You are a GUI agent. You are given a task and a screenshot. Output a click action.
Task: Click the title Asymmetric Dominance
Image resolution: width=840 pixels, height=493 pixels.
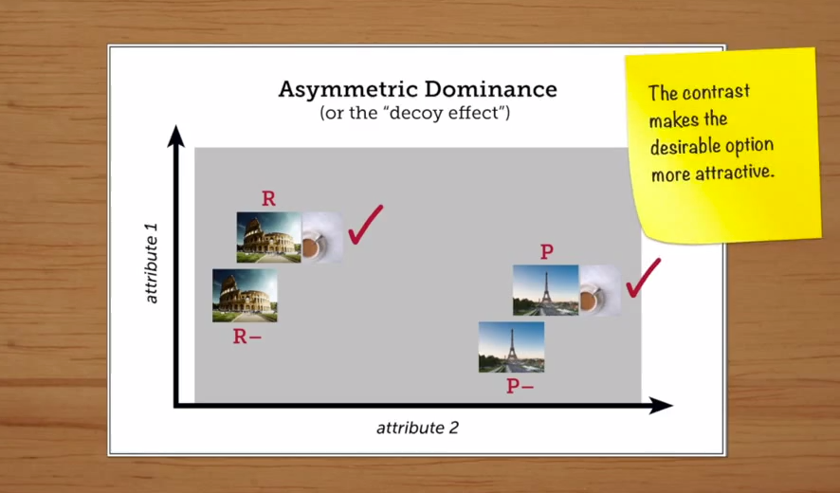[x=417, y=90]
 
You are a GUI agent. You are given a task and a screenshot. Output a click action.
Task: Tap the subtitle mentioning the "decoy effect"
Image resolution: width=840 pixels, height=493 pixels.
[x=414, y=114]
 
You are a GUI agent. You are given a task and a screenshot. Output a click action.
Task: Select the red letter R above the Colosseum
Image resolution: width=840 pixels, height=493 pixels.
[x=268, y=199]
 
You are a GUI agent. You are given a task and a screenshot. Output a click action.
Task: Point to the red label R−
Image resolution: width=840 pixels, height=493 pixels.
[x=247, y=337]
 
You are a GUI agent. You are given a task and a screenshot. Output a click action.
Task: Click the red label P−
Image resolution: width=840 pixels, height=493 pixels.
[x=520, y=387]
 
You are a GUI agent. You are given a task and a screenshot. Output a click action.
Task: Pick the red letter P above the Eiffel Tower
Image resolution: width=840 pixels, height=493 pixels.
[x=546, y=252]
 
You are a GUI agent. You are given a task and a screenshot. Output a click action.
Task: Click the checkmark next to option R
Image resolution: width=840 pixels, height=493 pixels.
[x=365, y=225]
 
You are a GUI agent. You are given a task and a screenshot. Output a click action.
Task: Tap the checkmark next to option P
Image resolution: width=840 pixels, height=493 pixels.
[x=643, y=278]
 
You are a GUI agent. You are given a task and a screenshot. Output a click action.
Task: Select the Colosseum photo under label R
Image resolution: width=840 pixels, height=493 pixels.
[x=269, y=237]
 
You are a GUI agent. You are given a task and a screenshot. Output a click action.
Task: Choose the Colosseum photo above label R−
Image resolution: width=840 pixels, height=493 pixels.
[x=245, y=295]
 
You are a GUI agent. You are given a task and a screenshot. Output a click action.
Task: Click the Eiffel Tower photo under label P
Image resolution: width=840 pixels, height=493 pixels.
[x=545, y=290]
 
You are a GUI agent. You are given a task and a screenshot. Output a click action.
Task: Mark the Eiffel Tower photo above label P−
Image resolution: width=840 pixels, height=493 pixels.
[x=511, y=347]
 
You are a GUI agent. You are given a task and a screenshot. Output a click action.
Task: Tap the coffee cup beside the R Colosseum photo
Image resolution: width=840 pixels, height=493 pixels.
[x=322, y=237]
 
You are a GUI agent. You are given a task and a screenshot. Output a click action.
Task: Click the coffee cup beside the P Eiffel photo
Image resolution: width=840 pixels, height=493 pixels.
[x=599, y=290]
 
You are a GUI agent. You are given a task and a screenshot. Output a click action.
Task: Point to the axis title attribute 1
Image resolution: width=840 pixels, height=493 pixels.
[x=152, y=264]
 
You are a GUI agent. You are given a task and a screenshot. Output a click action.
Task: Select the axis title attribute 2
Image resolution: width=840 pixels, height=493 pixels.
[x=417, y=428]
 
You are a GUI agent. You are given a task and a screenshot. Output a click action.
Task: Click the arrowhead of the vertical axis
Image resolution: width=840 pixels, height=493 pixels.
[x=175, y=137]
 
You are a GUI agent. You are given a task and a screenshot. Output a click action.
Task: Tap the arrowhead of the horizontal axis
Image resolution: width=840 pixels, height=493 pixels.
[x=661, y=405]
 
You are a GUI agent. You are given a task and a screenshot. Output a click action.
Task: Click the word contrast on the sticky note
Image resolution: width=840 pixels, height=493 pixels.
[x=716, y=92]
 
